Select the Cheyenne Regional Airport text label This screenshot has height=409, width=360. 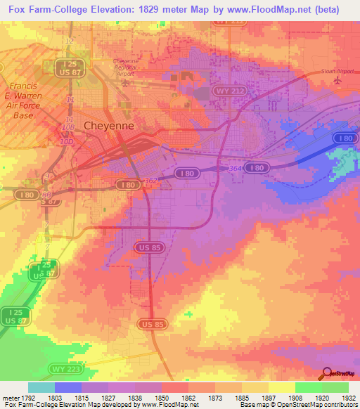[x=127, y=67]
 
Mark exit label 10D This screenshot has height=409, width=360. [x=66, y=141]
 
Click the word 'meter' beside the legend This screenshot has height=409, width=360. [x=8, y=396]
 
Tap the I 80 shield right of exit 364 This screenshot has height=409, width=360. [x=259, y=168]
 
